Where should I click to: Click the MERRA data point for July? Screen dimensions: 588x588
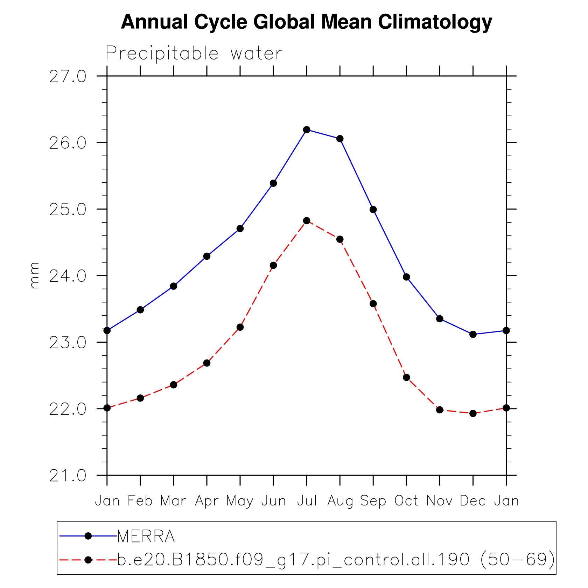click(x=307, y=130)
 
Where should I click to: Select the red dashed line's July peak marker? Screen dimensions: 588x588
click(x=307, y=220)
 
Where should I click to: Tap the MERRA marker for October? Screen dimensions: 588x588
click(x=406, y=277)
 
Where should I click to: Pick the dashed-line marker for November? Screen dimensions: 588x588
click(x=440, y=410)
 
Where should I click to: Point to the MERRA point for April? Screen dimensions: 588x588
click(x=207, y=256)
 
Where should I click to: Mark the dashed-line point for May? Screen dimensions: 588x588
click(x=240, y=327)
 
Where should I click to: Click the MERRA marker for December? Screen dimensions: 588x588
click(x=473, y=334)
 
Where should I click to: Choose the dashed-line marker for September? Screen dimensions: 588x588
click(x=373, y=304)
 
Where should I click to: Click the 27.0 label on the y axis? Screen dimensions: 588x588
click(x=68, y=77)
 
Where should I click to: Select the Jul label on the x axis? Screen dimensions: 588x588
click(x=307, y=501)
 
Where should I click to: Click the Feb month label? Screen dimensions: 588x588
click(x=140, y=501)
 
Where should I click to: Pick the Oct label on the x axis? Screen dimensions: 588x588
click(x=406, y=501)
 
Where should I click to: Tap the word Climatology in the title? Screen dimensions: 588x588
click(x=435, y=22)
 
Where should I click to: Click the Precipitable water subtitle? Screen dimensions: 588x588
click(x=194, y=54)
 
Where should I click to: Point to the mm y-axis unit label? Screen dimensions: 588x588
click(x=34, y=276)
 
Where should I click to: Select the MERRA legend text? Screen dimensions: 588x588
click(x=146, y=536)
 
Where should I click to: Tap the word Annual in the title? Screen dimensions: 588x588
click(x=154, y=22)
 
